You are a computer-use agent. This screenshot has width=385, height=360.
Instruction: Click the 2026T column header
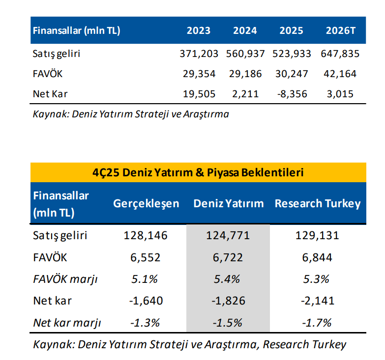[340, 30]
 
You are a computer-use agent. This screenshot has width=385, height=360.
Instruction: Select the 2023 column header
[199, 30]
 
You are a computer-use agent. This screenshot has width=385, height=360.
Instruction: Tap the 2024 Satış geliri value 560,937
[245, 54]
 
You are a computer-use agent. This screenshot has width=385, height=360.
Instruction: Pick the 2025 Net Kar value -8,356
[294, 94]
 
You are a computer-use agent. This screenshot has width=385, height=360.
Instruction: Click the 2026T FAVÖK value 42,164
[340, 74]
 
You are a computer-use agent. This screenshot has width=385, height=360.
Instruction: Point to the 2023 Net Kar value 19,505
[199, 94]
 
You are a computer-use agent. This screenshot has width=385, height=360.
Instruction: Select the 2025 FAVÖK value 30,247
[294, 74]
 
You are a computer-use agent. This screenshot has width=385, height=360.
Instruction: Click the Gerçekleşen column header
[146, 203]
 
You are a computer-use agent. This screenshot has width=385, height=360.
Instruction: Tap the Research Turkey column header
[318, 203]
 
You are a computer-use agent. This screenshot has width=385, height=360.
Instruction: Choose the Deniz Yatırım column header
[228, 203]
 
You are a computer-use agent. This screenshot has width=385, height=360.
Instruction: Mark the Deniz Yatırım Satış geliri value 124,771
[228, 235]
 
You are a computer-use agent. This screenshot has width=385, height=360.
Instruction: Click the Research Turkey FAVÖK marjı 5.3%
[318, 279]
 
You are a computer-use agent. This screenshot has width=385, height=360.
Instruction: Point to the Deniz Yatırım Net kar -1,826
[228, 301]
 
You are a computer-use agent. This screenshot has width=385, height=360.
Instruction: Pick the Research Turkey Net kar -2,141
[318, 301]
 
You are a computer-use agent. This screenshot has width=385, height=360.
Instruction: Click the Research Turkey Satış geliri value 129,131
[318, 235]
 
